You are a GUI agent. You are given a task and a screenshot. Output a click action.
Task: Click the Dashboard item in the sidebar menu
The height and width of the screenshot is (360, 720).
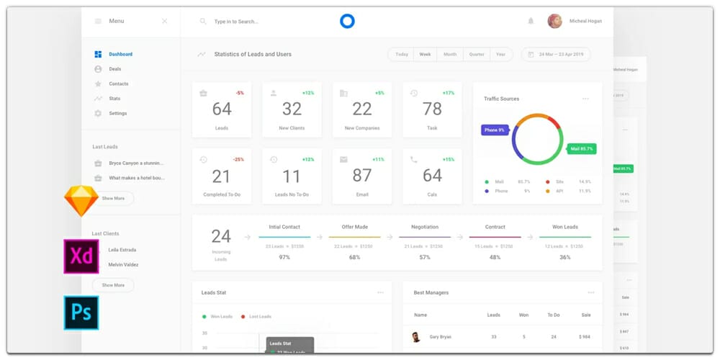[120, 54]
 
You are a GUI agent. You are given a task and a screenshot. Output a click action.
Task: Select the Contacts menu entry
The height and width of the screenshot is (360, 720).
[118, 84]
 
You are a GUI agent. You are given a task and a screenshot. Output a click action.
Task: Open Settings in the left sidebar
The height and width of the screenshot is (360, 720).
[117, 113]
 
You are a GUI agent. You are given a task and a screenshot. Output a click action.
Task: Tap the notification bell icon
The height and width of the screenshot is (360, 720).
[531, 22]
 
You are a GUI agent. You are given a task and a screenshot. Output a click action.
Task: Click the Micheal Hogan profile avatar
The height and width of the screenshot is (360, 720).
[554, 21]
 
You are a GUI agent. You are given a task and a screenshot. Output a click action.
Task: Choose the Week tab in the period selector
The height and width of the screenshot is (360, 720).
[425, 54]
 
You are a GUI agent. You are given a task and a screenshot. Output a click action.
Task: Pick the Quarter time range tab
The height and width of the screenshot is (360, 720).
[477, 54]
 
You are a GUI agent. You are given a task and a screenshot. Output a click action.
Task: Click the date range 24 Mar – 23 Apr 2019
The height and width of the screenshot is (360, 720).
[556, 54]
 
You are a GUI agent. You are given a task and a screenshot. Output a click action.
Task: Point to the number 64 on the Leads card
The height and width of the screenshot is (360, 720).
[222, 109]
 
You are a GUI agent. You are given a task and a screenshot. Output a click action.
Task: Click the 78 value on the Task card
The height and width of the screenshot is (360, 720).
[432, 109]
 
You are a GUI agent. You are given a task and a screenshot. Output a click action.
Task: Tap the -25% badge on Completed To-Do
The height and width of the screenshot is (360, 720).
[238, 159]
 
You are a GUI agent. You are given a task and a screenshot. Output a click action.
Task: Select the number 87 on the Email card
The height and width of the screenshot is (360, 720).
[362, 176]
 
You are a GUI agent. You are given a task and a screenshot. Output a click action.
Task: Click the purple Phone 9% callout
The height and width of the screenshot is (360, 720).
[495, 130]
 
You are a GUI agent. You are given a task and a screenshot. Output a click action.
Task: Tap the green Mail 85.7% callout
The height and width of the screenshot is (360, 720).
[582, 149]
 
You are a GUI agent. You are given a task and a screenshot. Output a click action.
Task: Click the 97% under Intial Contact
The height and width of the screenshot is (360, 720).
[284, 257]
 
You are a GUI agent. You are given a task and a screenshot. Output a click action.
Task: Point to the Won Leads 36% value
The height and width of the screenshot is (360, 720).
[565, 257]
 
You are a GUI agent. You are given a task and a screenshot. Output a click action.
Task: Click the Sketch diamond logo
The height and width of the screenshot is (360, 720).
[81, 201]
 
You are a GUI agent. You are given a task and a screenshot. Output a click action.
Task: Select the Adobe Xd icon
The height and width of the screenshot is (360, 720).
[81, 256]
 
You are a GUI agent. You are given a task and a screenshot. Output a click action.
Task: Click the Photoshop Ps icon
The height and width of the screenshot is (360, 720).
[81, 312]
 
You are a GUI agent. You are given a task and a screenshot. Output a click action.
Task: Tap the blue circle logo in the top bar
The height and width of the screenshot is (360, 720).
[347, 21]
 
